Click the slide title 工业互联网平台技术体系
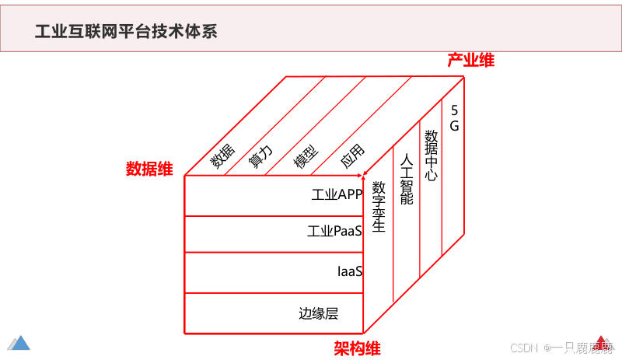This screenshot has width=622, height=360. tap(127, 32)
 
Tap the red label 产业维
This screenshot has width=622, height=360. tap(470, 61)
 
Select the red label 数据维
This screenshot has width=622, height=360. tap(149, 169)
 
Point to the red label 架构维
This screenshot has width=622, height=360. tap(357, 348)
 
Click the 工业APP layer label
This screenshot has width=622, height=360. tap(337, 194)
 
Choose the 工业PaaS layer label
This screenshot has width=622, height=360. tap(334, 231)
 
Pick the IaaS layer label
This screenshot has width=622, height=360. tap(350, 271)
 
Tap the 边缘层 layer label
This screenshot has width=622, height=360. tap(319, 314)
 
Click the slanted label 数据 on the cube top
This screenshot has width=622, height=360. tap(222, 159)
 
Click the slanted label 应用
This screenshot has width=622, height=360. tap(352, 157)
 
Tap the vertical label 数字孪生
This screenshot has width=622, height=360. tap(379, 207)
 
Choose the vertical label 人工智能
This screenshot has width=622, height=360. tap(406, 178)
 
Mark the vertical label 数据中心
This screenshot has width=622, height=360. tap(431, 155)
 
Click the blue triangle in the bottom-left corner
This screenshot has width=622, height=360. tap(19, 342)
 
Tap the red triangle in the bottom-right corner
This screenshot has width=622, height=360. tap(604, 342)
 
